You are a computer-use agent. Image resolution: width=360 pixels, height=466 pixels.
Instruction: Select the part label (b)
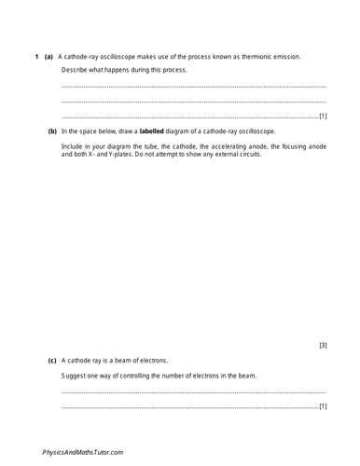click(x=53, y=132)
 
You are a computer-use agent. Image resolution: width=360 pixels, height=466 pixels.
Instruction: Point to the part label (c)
click(x=53, y=358)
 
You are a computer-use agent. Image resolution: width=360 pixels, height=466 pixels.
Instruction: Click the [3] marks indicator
click(x=322, y=345)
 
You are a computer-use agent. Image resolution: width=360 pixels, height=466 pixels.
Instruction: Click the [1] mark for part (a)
click(x=322, y=117)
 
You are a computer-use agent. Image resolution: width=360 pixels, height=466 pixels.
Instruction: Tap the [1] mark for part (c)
click(x=322, y=407)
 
